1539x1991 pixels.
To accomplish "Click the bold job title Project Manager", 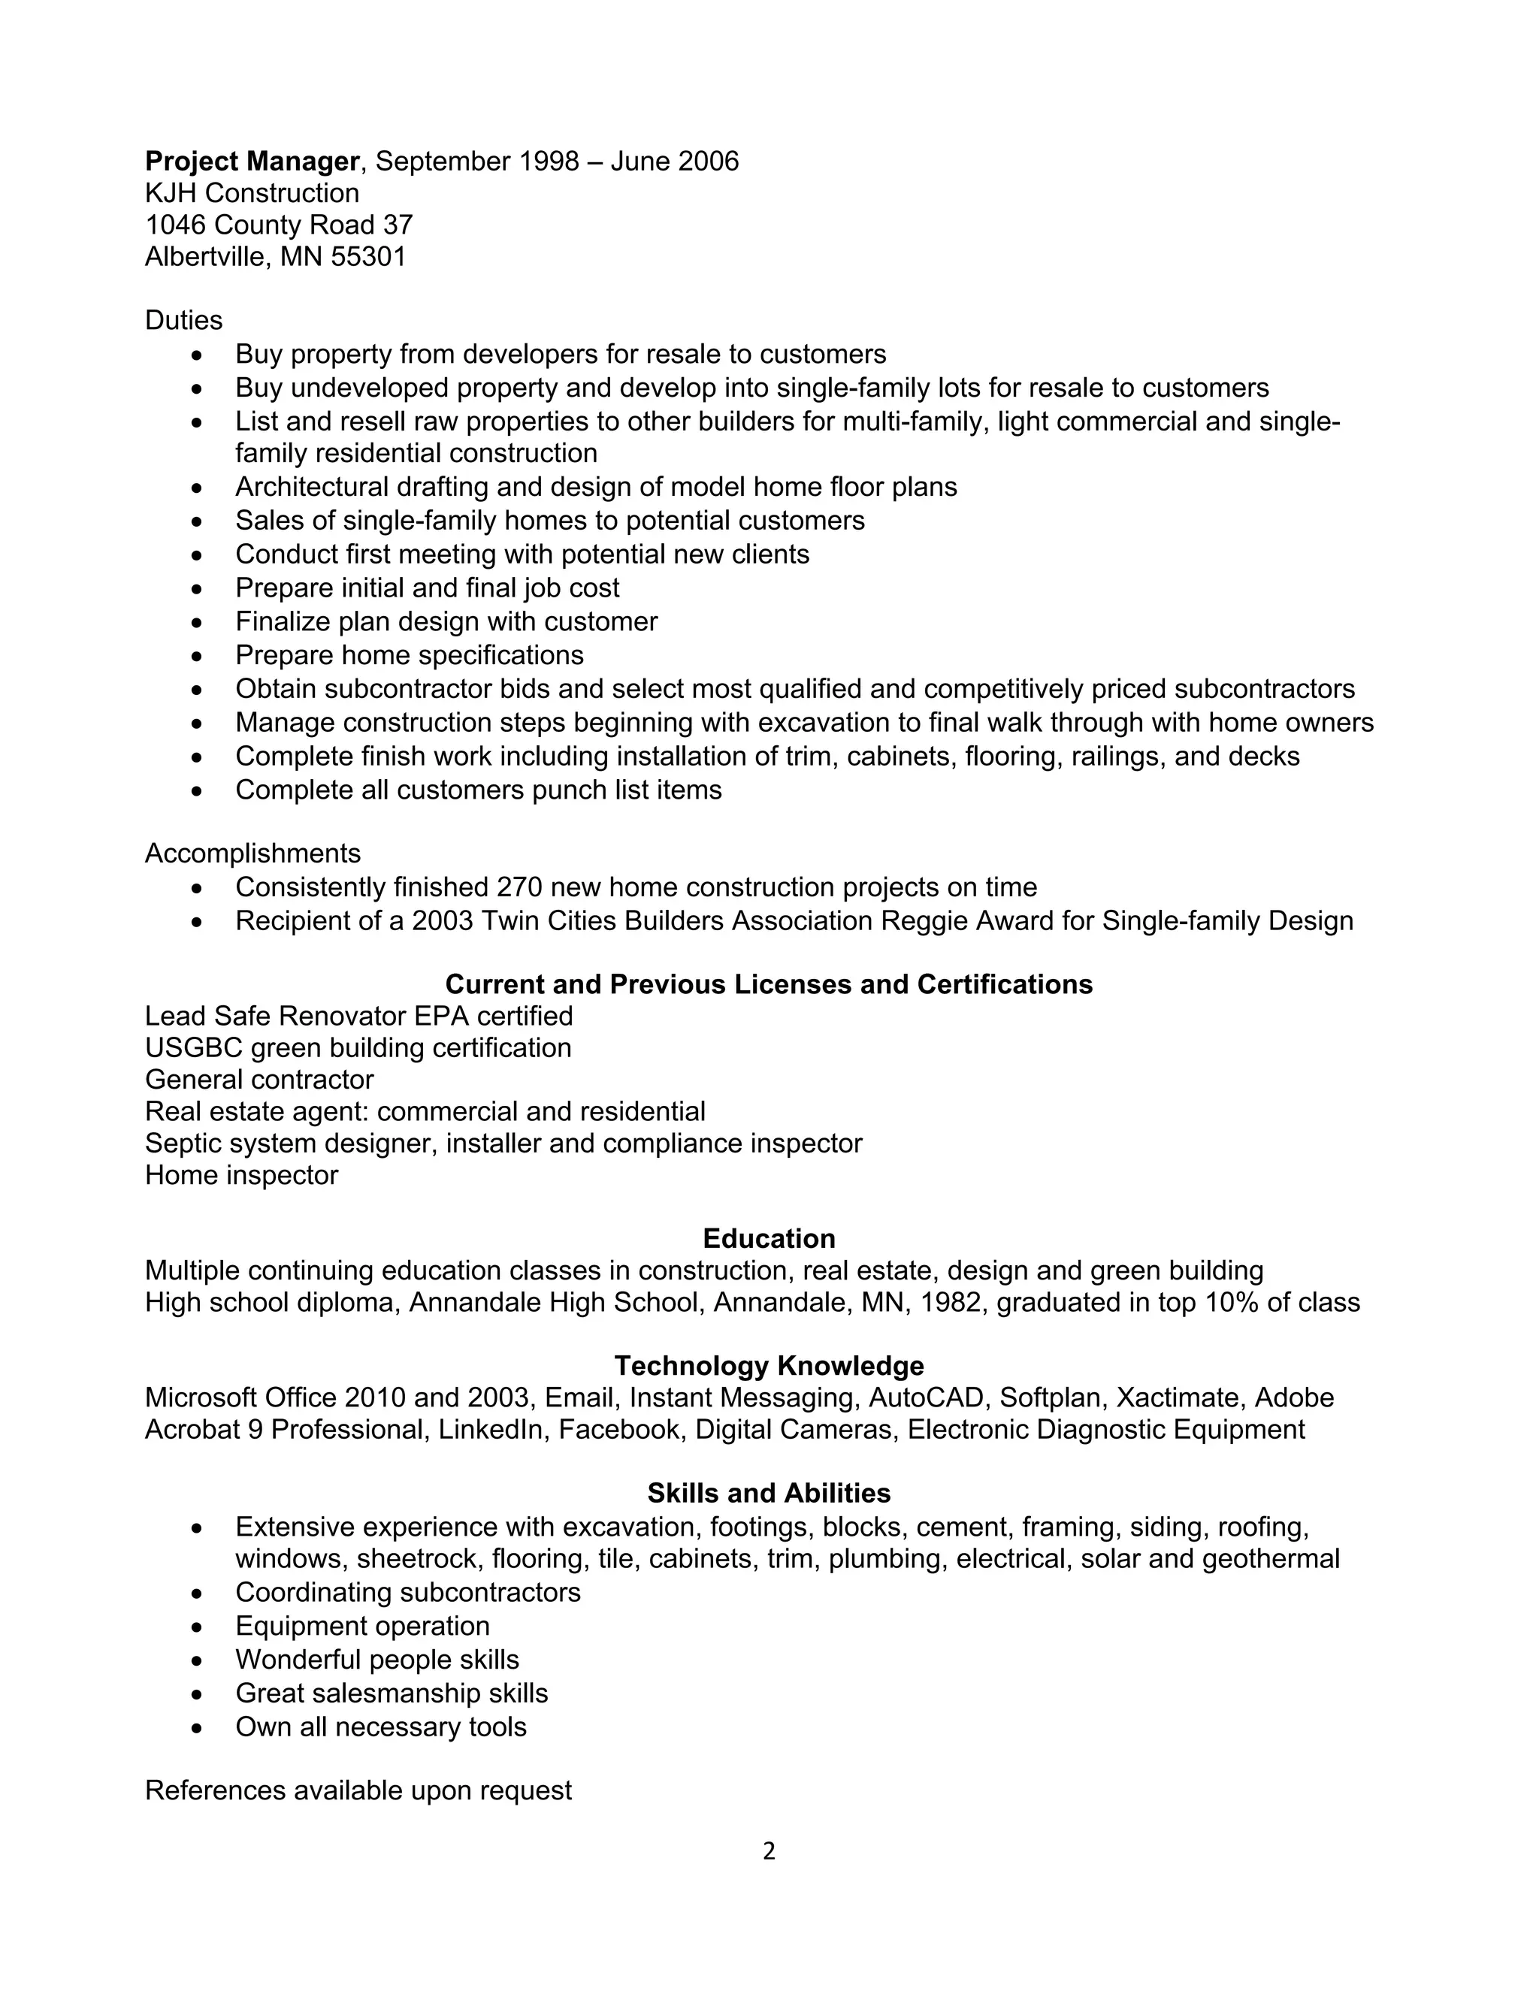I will click(x=252, y=162).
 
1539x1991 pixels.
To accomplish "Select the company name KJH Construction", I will click(x=252, y=193).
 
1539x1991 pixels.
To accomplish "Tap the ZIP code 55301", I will click(x=368, y=257).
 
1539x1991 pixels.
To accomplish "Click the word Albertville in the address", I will click(x=205, y=257).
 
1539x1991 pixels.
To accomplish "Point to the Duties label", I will click(x=183, y=320).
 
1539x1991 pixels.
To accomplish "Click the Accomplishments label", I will click(x=252, y=854).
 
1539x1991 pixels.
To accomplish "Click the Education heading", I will click(x=769, y=1239).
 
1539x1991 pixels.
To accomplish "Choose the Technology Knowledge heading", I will click(x=769, y=1366).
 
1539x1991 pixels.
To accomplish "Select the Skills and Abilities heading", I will click(x=769, y=1494).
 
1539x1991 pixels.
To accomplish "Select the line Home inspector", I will click(x=242, y=1176).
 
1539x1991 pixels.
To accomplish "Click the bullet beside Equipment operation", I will click(x=198, y=1627).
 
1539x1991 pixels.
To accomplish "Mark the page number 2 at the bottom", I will click(x=769, y=1851).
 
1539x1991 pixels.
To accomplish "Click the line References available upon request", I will click(x=358, y=1790).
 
